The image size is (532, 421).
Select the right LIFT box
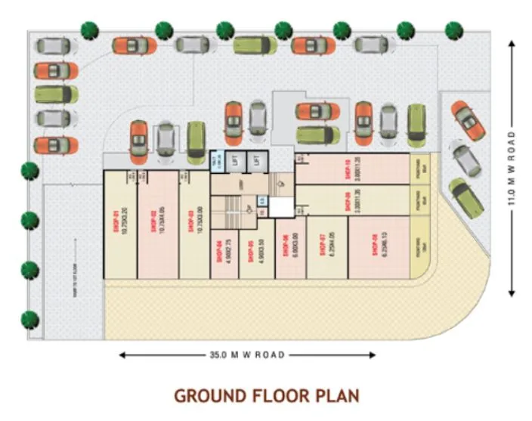(x=258, y=160)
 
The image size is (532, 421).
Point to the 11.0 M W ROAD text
(x=512, y=169)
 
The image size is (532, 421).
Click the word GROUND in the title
(x=209, y=395)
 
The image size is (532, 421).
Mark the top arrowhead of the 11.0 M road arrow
(x=512, y=43)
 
